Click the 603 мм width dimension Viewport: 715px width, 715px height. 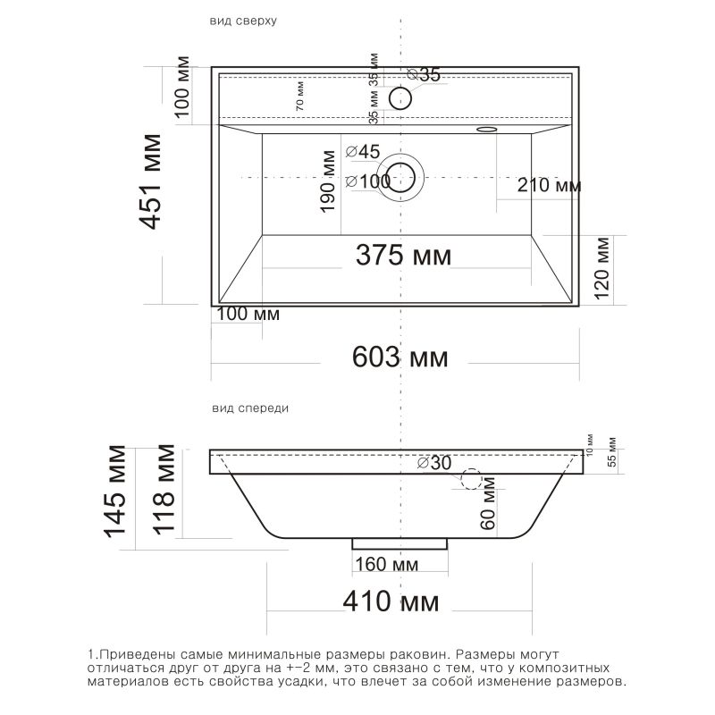pos(400,357)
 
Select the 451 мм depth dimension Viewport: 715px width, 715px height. pos(150,181)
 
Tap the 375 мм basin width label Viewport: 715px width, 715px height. pos(403,255)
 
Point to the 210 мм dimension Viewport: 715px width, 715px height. pos(549,185)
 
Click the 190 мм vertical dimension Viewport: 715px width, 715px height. pos(328,181)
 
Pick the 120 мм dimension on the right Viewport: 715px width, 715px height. pos(601,267)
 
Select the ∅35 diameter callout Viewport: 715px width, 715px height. pos(424,74)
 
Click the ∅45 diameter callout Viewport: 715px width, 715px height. pos(363,152)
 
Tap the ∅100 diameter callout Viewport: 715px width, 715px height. pos(368,181)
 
